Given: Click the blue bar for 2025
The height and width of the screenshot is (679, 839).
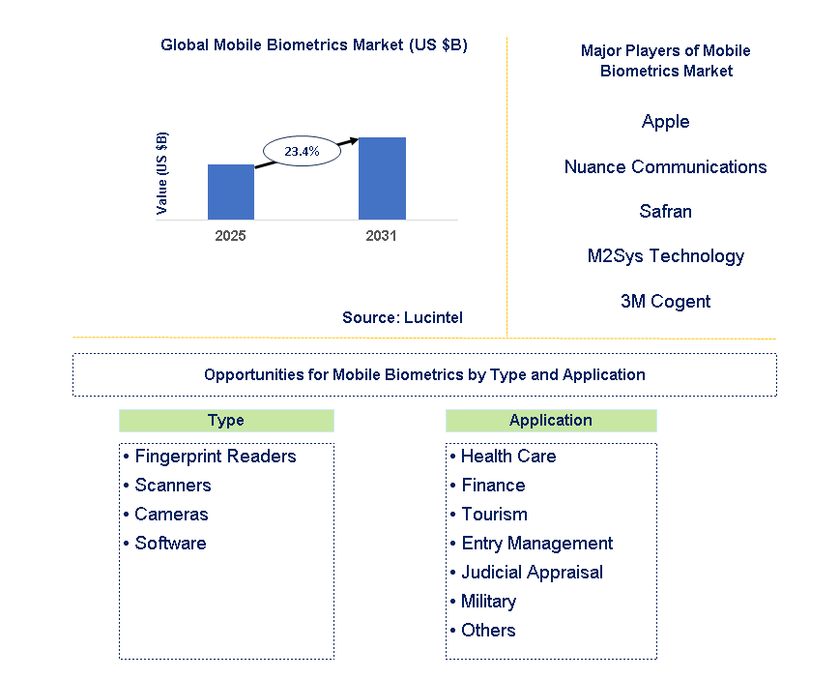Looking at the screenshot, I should click(231, 192).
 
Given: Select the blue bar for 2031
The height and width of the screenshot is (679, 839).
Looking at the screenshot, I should click(382, 178).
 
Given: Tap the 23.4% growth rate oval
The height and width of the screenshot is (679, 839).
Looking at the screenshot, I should click(302, 152).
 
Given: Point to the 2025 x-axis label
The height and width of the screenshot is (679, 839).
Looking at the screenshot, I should click(231, 235).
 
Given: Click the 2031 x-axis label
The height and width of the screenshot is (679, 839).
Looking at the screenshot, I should click(381, 235).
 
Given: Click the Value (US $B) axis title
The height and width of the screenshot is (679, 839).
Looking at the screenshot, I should click(162, 172).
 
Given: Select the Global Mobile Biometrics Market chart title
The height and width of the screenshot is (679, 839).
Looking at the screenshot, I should click(314, 45).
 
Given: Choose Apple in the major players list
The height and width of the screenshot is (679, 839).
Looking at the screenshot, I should click(665, 121).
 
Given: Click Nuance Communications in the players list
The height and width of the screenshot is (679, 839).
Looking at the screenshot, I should click(665, 166).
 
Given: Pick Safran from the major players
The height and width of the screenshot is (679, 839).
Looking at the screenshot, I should click(665, 211).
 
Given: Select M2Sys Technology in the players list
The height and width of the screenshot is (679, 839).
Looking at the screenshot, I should click(665, 256).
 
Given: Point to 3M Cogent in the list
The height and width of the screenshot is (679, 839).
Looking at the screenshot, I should click(665, 301).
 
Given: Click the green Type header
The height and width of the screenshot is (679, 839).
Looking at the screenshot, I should click(226, 421).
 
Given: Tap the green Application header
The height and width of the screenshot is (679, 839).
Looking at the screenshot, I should click(551, 421).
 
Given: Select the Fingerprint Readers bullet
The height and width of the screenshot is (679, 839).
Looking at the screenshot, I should click(210, 457).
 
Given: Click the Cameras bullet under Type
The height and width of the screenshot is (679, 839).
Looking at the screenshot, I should click(166, 515).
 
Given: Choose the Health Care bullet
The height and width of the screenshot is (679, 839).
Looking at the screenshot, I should click(503, 457).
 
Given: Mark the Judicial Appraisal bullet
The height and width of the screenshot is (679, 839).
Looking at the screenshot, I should click(526, 573).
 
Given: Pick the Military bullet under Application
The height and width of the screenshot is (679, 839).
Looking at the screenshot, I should click(482, 602).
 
